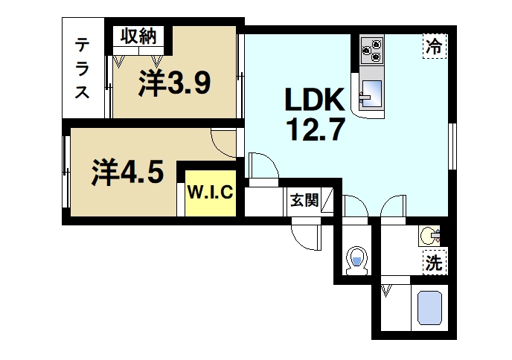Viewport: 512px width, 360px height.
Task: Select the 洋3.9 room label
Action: [174, 84]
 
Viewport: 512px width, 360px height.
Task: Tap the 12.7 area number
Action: [315, 131]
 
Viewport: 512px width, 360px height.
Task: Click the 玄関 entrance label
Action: [304, 199]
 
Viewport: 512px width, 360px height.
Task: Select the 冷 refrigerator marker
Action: [433, 46]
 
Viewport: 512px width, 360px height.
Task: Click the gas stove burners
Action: [371, 50]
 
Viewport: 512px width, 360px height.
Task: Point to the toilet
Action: [357, 261]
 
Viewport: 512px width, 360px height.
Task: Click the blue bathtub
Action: [429, 307]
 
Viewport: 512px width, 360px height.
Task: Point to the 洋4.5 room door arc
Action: [224, 141]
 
